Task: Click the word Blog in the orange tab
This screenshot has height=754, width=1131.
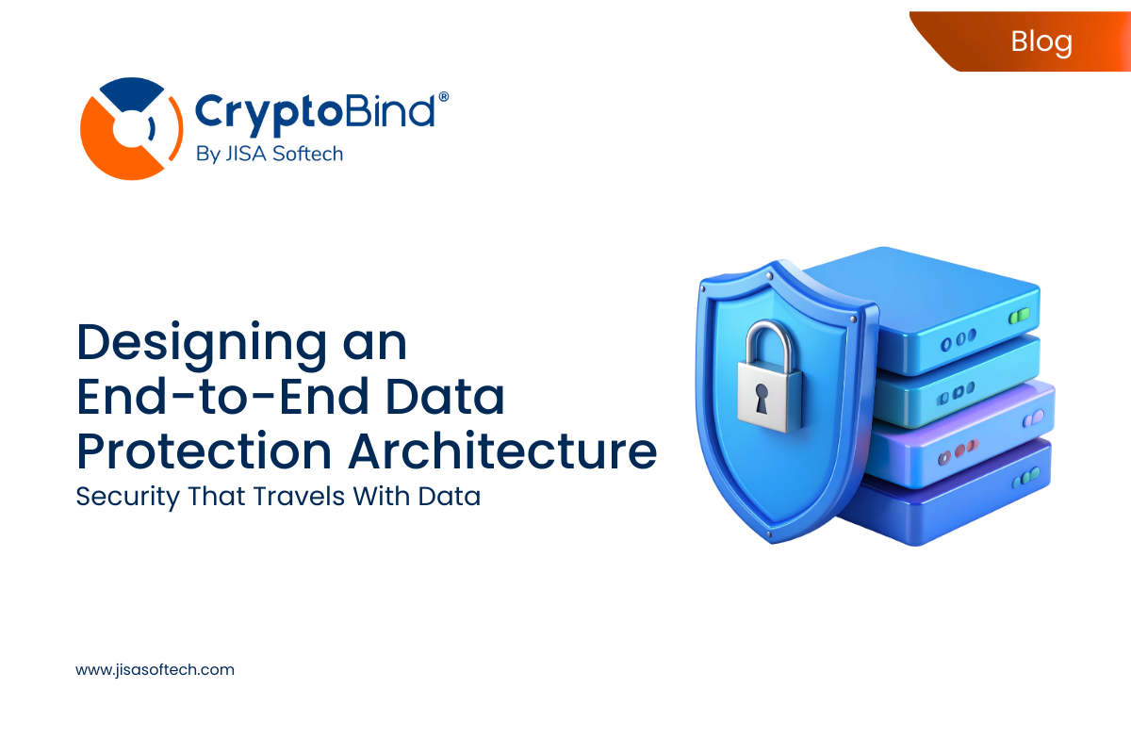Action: point(1041,41)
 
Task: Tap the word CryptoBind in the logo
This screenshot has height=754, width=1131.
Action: point(315,110)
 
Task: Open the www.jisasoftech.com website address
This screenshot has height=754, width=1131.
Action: point(155,670)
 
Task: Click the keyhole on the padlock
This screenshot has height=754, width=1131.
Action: point(760,397)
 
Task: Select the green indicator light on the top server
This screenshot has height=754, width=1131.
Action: point(1018,317)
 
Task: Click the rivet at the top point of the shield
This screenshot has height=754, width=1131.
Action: point(769,274)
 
